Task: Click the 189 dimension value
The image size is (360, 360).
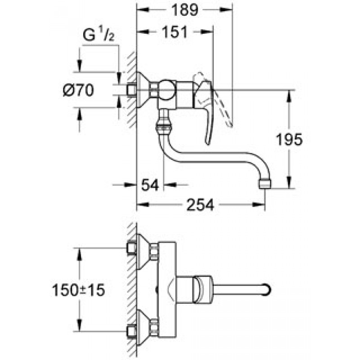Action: tap(184, 10)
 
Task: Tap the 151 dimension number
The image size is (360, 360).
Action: tap(175, 32)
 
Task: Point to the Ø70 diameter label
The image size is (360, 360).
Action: tap(78, 90)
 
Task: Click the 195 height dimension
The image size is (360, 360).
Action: tap(289, 139)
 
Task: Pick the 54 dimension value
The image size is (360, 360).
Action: tap(150, 185)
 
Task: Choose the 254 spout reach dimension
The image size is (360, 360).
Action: tap(200, 205)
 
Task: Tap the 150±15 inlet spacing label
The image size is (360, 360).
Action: tap(78, 290)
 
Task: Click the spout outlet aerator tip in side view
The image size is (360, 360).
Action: tap(265, 184)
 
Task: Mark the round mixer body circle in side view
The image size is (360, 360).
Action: tap(166, 90)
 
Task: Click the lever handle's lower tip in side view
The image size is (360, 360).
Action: tap(207, 143)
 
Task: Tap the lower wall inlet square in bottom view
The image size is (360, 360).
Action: tap(131, 332)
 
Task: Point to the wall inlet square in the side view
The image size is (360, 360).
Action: tap(132, 90)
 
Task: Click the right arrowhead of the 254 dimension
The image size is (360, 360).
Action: tap(259, 205)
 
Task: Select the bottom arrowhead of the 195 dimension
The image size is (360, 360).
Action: tap(289, 182)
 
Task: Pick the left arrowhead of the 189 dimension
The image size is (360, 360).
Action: tap(143, 9)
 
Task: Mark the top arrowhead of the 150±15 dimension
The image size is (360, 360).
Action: tap(79, 254)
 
